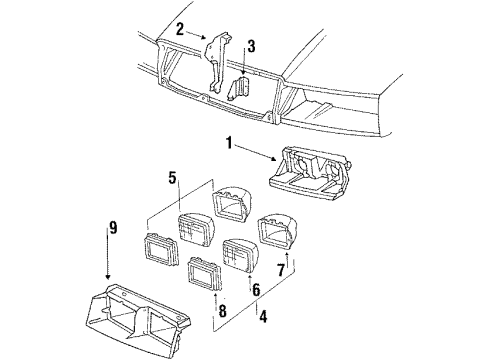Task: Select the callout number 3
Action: pyautogui.click(x=251, y=47)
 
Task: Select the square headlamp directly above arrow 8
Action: pyautogui.click(x=205, y=273)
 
